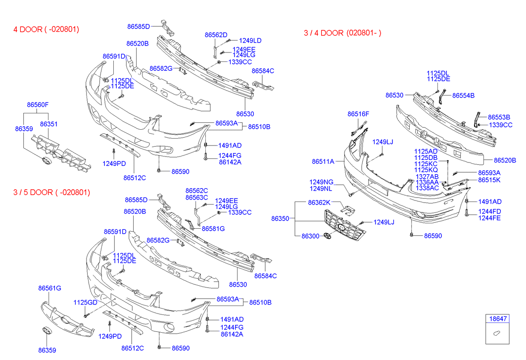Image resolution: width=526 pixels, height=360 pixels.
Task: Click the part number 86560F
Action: [38, 105]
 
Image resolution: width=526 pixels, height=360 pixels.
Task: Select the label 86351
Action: [48, 124]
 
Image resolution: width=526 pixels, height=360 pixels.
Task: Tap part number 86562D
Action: [216, 35]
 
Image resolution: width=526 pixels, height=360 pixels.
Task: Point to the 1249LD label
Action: [250, 41]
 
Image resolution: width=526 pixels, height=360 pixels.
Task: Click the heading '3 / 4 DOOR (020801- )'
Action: [342, 33]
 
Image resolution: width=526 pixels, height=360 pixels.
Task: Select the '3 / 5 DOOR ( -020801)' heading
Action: [52, 192]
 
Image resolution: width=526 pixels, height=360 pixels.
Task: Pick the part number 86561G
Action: [49, 288]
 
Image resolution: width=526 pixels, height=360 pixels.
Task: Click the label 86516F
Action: [358, 114]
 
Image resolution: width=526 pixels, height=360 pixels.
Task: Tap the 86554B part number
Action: [463, 95]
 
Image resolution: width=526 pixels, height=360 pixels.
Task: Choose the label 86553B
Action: [499, 117]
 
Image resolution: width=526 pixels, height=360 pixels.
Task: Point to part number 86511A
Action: [323, 161]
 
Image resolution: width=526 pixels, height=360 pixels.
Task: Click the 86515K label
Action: [489, 180]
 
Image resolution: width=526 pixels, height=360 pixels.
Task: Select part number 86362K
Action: [319, 203]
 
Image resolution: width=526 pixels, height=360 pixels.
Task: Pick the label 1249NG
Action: [322, 182]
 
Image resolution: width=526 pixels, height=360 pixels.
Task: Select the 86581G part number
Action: [213, 229]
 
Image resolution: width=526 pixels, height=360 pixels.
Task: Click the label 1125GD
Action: [85, 302]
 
